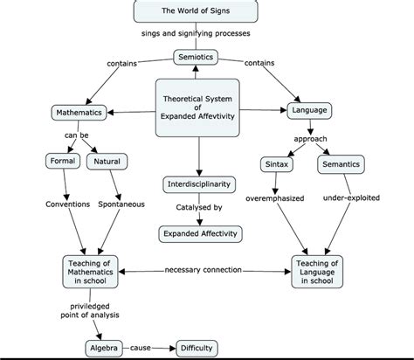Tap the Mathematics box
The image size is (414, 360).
point(79,113)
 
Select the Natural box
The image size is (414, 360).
point(106,162)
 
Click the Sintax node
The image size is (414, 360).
point(276,164)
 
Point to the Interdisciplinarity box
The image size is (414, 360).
point(198,184)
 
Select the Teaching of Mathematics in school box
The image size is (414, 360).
point(91,270)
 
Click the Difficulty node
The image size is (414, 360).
point(197,347)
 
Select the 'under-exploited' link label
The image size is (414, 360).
point(351,198)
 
